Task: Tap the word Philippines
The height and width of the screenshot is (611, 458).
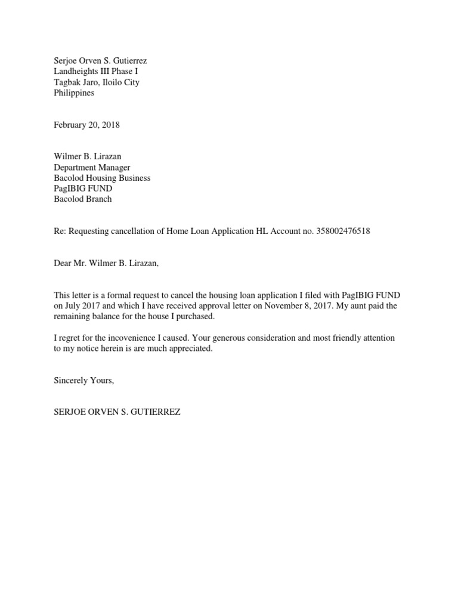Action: (x=74, y=93)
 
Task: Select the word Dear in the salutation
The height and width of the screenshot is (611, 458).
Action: (x=63, y=263)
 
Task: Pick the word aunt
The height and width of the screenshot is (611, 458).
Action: (x=354, y=305)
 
